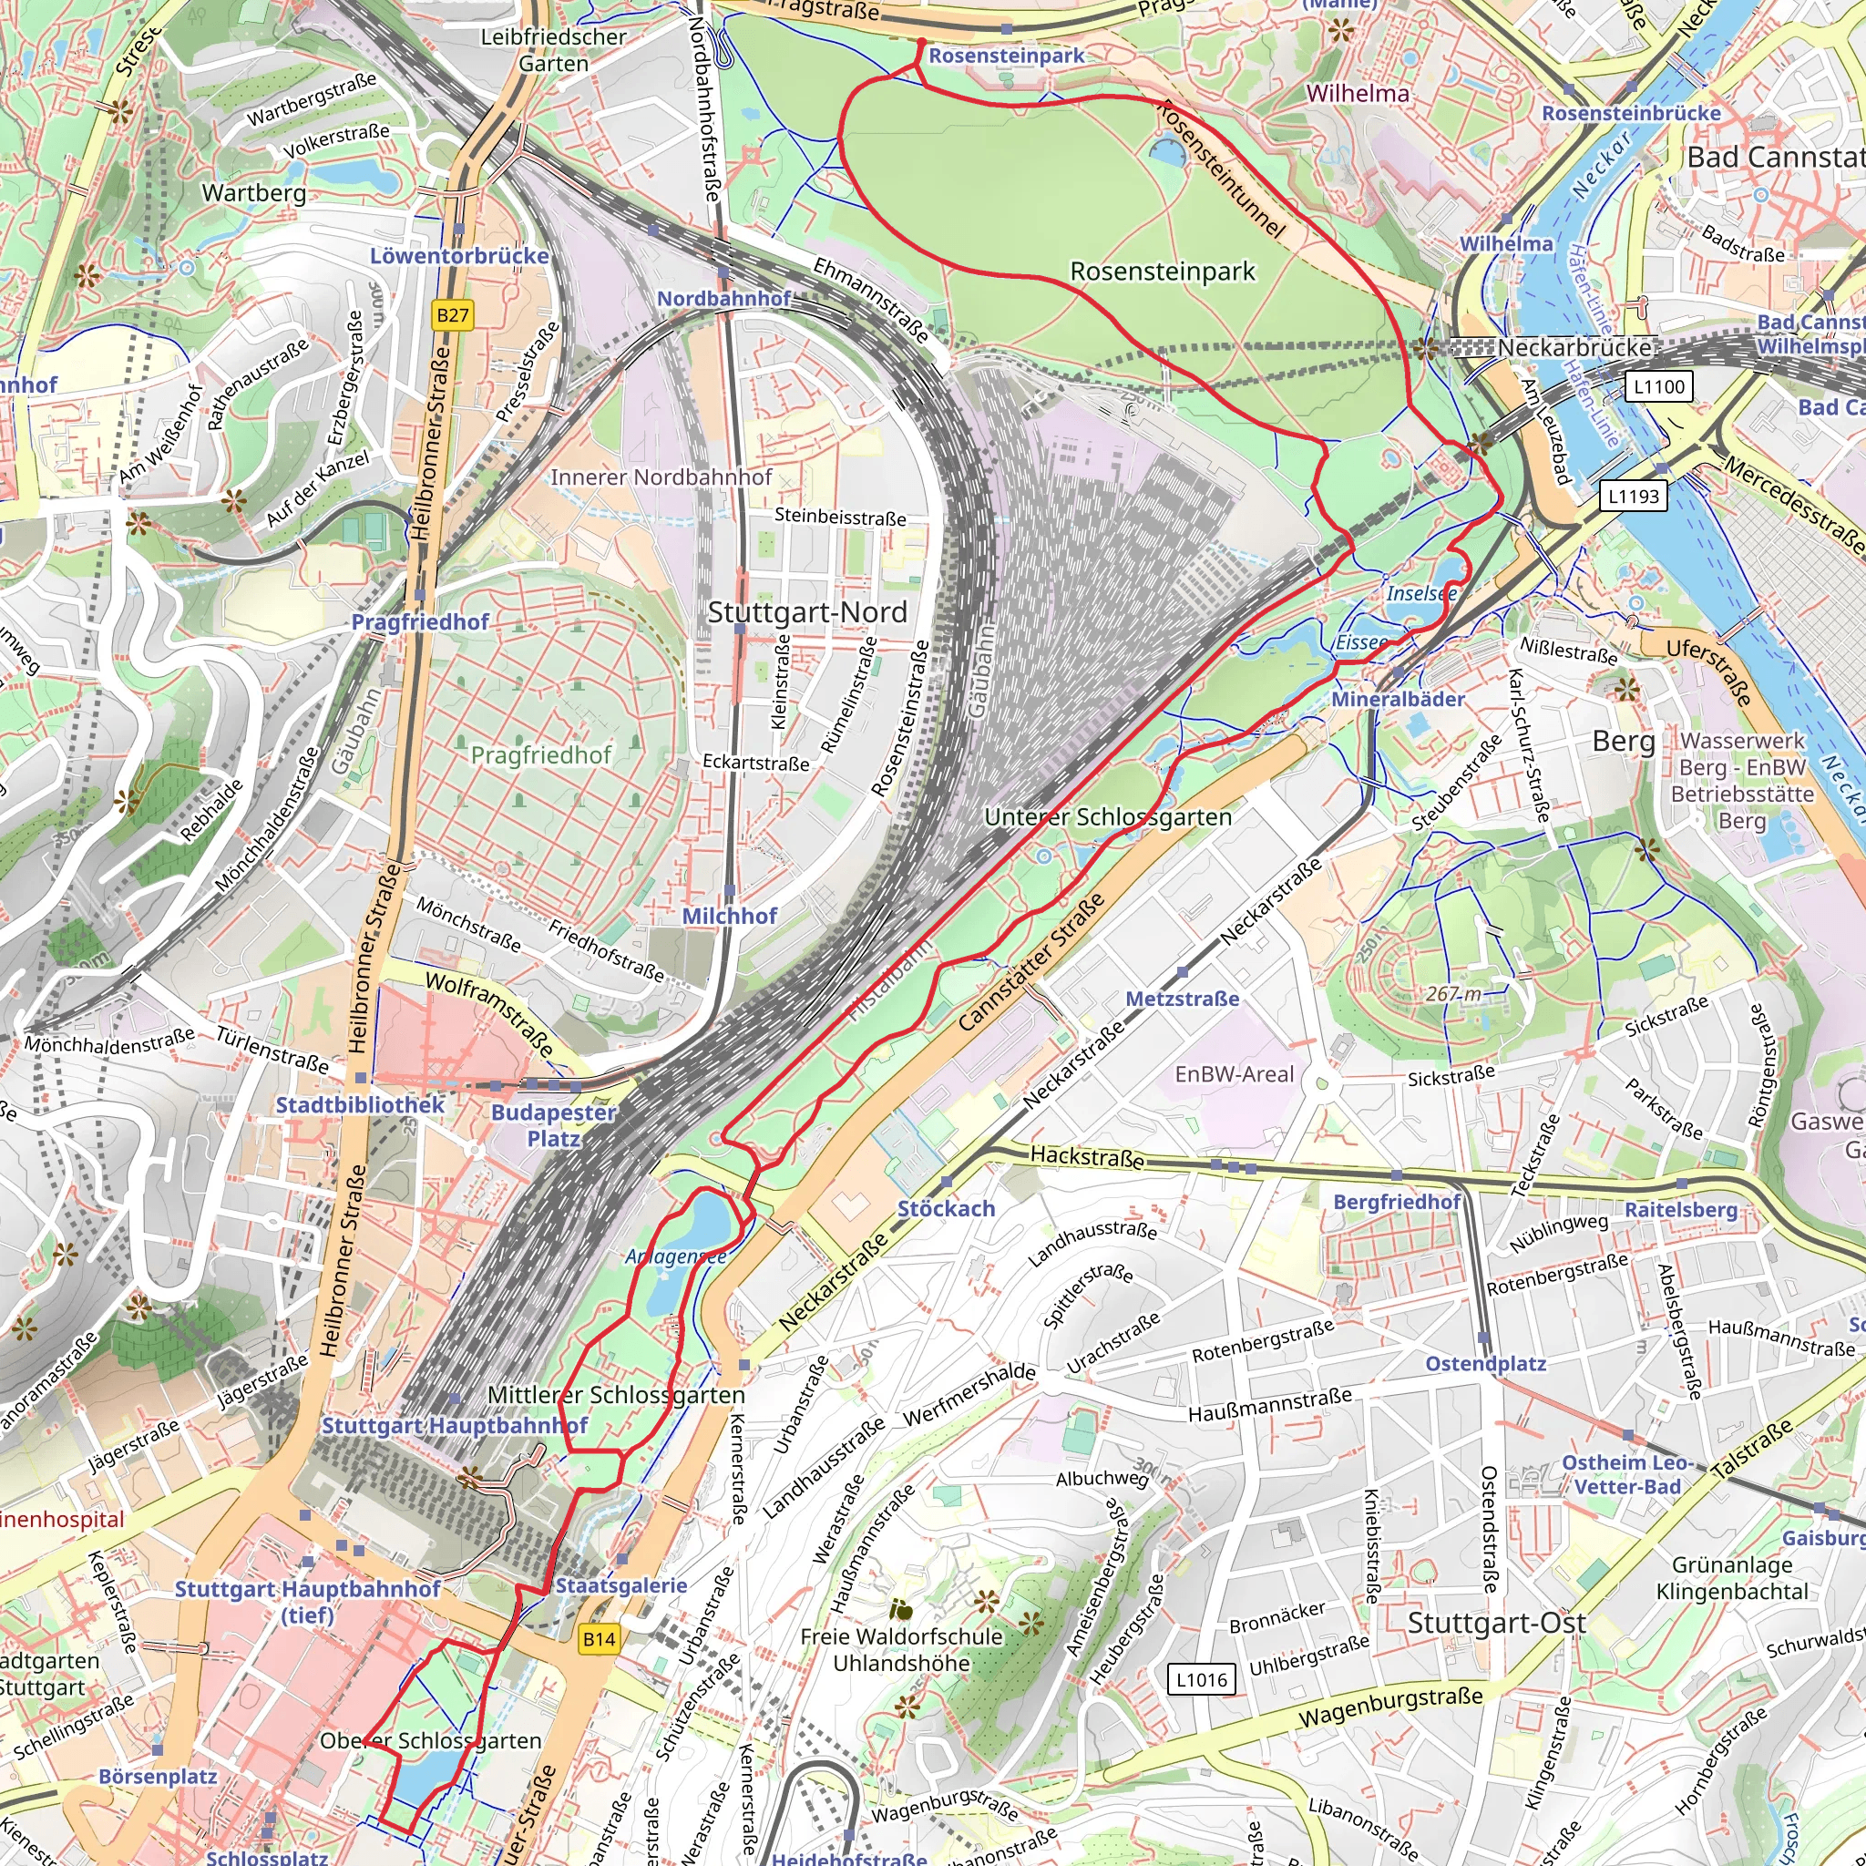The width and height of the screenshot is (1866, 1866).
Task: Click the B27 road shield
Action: click(x=452, y=315)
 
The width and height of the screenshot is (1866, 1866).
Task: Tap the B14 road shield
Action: click(x=599, y=1638)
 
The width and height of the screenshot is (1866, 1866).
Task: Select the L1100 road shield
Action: click(x=1658, y=387)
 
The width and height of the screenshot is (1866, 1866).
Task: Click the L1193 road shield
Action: click(x=1632, y=497)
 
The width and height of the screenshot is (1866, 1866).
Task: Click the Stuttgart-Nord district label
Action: click(x=806, y=612)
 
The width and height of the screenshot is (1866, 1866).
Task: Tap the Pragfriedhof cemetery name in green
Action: click(x=541, y=754)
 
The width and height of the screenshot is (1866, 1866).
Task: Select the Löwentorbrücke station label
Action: click(x=459, y=256)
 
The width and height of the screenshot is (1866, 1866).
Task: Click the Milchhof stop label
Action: click(x=729, y=916)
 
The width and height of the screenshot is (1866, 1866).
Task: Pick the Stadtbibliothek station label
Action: click(x=360, y=1105)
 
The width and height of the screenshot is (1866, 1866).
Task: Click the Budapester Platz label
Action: click(x=553, y=1125)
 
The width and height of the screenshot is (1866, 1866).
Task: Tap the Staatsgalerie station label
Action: click(x=621, y=1585)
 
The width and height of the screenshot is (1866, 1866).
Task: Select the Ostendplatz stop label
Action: click(x=1485, y=1364)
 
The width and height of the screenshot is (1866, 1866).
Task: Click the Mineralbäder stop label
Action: click(x=1398, y=699)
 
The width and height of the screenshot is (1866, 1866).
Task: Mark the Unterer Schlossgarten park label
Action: click(x=1108, y=817)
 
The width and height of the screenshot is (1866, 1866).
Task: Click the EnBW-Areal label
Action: click(x=1234, y=1074)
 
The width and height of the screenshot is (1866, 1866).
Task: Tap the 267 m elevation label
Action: click(x=1453, y=994)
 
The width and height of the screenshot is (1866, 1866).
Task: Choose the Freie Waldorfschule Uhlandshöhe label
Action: click(x=901, y=1650)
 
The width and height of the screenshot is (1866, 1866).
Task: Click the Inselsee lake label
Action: click(x=1420, y=593)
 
